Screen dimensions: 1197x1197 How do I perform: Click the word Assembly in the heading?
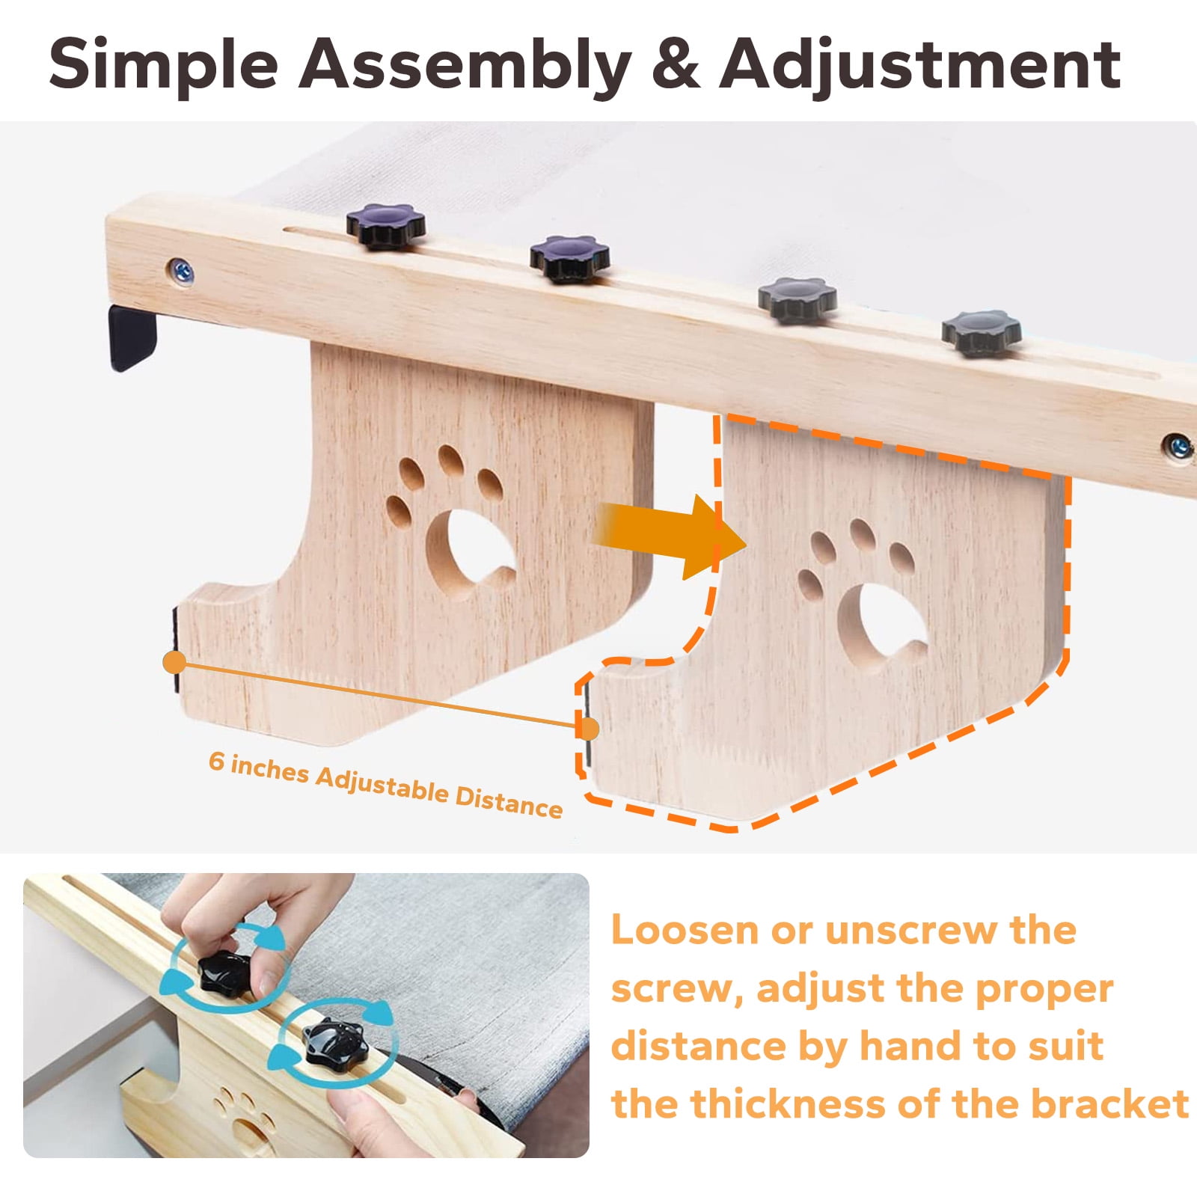tap(465, 66)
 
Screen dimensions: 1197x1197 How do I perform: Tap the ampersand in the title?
tap(675, 64)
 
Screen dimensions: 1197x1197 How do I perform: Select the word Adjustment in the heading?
tap(919, 66)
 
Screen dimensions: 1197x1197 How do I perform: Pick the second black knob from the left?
tap(569, 258)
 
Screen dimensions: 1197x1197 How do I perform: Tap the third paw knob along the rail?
tap(797, 299)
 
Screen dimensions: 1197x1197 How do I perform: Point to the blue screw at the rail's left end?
tap(180, 270)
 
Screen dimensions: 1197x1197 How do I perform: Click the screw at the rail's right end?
tap(1178, 447)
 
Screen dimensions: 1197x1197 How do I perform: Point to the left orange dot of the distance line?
tap(174, 662)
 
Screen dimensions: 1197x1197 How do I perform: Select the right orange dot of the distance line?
tap(589, 729)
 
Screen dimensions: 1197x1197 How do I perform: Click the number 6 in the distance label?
tap(216, 760)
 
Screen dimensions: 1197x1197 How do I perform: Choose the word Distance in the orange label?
tap(509, 801)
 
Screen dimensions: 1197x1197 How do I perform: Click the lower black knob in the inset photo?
tap(334, 1041)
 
